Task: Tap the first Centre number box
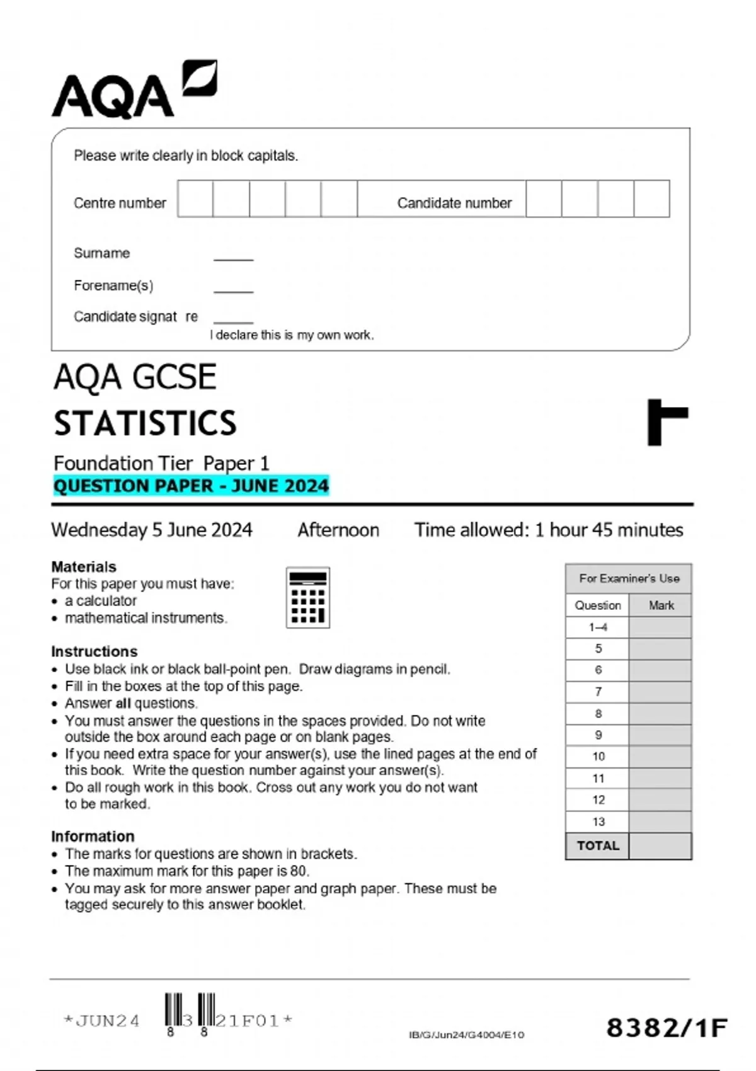(x=195, y=199)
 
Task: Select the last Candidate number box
(x=651, y=199)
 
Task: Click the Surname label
(x=102, y=253)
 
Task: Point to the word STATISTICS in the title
(x=145, y=423)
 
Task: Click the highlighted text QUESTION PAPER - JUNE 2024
(x=191, y=486)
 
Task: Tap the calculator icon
(x=308, y=597)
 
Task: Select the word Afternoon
(x=338, y=530)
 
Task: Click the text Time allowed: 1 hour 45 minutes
(x=548, y=530)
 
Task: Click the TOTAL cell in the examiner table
(x=598, y=846)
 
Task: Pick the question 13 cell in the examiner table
(x=598, y=822)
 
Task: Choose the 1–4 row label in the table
(x=598, y=627)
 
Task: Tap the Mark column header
(x=661, y=605)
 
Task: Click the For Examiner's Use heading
(x=629, y=578)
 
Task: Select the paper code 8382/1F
(x=667, y=1028)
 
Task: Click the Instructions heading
(x=94, y=651)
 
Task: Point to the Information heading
(x=93, y=836)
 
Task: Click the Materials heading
(x=84, y=566)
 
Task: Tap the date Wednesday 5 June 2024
(x=152, y=530)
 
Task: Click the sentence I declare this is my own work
(x=292, y=335)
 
